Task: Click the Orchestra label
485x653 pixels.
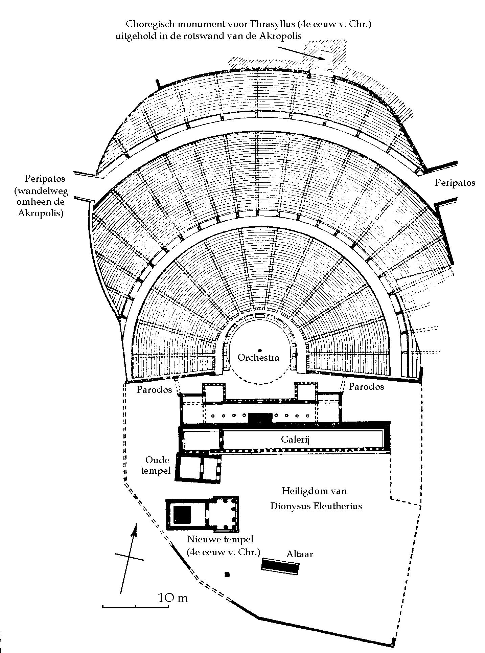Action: tap(258, 358)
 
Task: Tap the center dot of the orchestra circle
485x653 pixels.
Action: tap(259, 350)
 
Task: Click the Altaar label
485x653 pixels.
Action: tap(300, 554)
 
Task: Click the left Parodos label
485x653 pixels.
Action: tap(154, 389)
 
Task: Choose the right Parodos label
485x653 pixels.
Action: tap(366, 386)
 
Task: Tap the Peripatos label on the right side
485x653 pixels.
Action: tap(455, 183)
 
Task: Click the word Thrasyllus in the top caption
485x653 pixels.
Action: tap(278, 24)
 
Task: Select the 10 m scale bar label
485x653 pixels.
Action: tap(173, 598)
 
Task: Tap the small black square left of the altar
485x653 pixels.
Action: tap(227, 574)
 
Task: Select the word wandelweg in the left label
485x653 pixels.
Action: tap(41, 191)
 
